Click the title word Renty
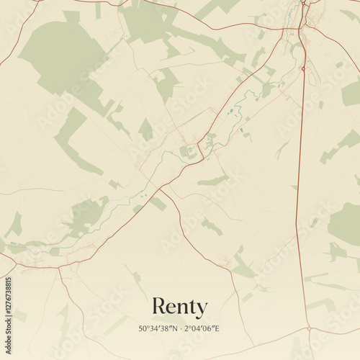pos(179,307)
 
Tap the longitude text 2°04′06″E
pos(201,329)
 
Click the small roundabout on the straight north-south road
pos(304,68)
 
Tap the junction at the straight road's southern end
pos(309,328)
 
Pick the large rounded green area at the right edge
pos(346,223)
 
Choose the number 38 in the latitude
pos(165,329)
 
